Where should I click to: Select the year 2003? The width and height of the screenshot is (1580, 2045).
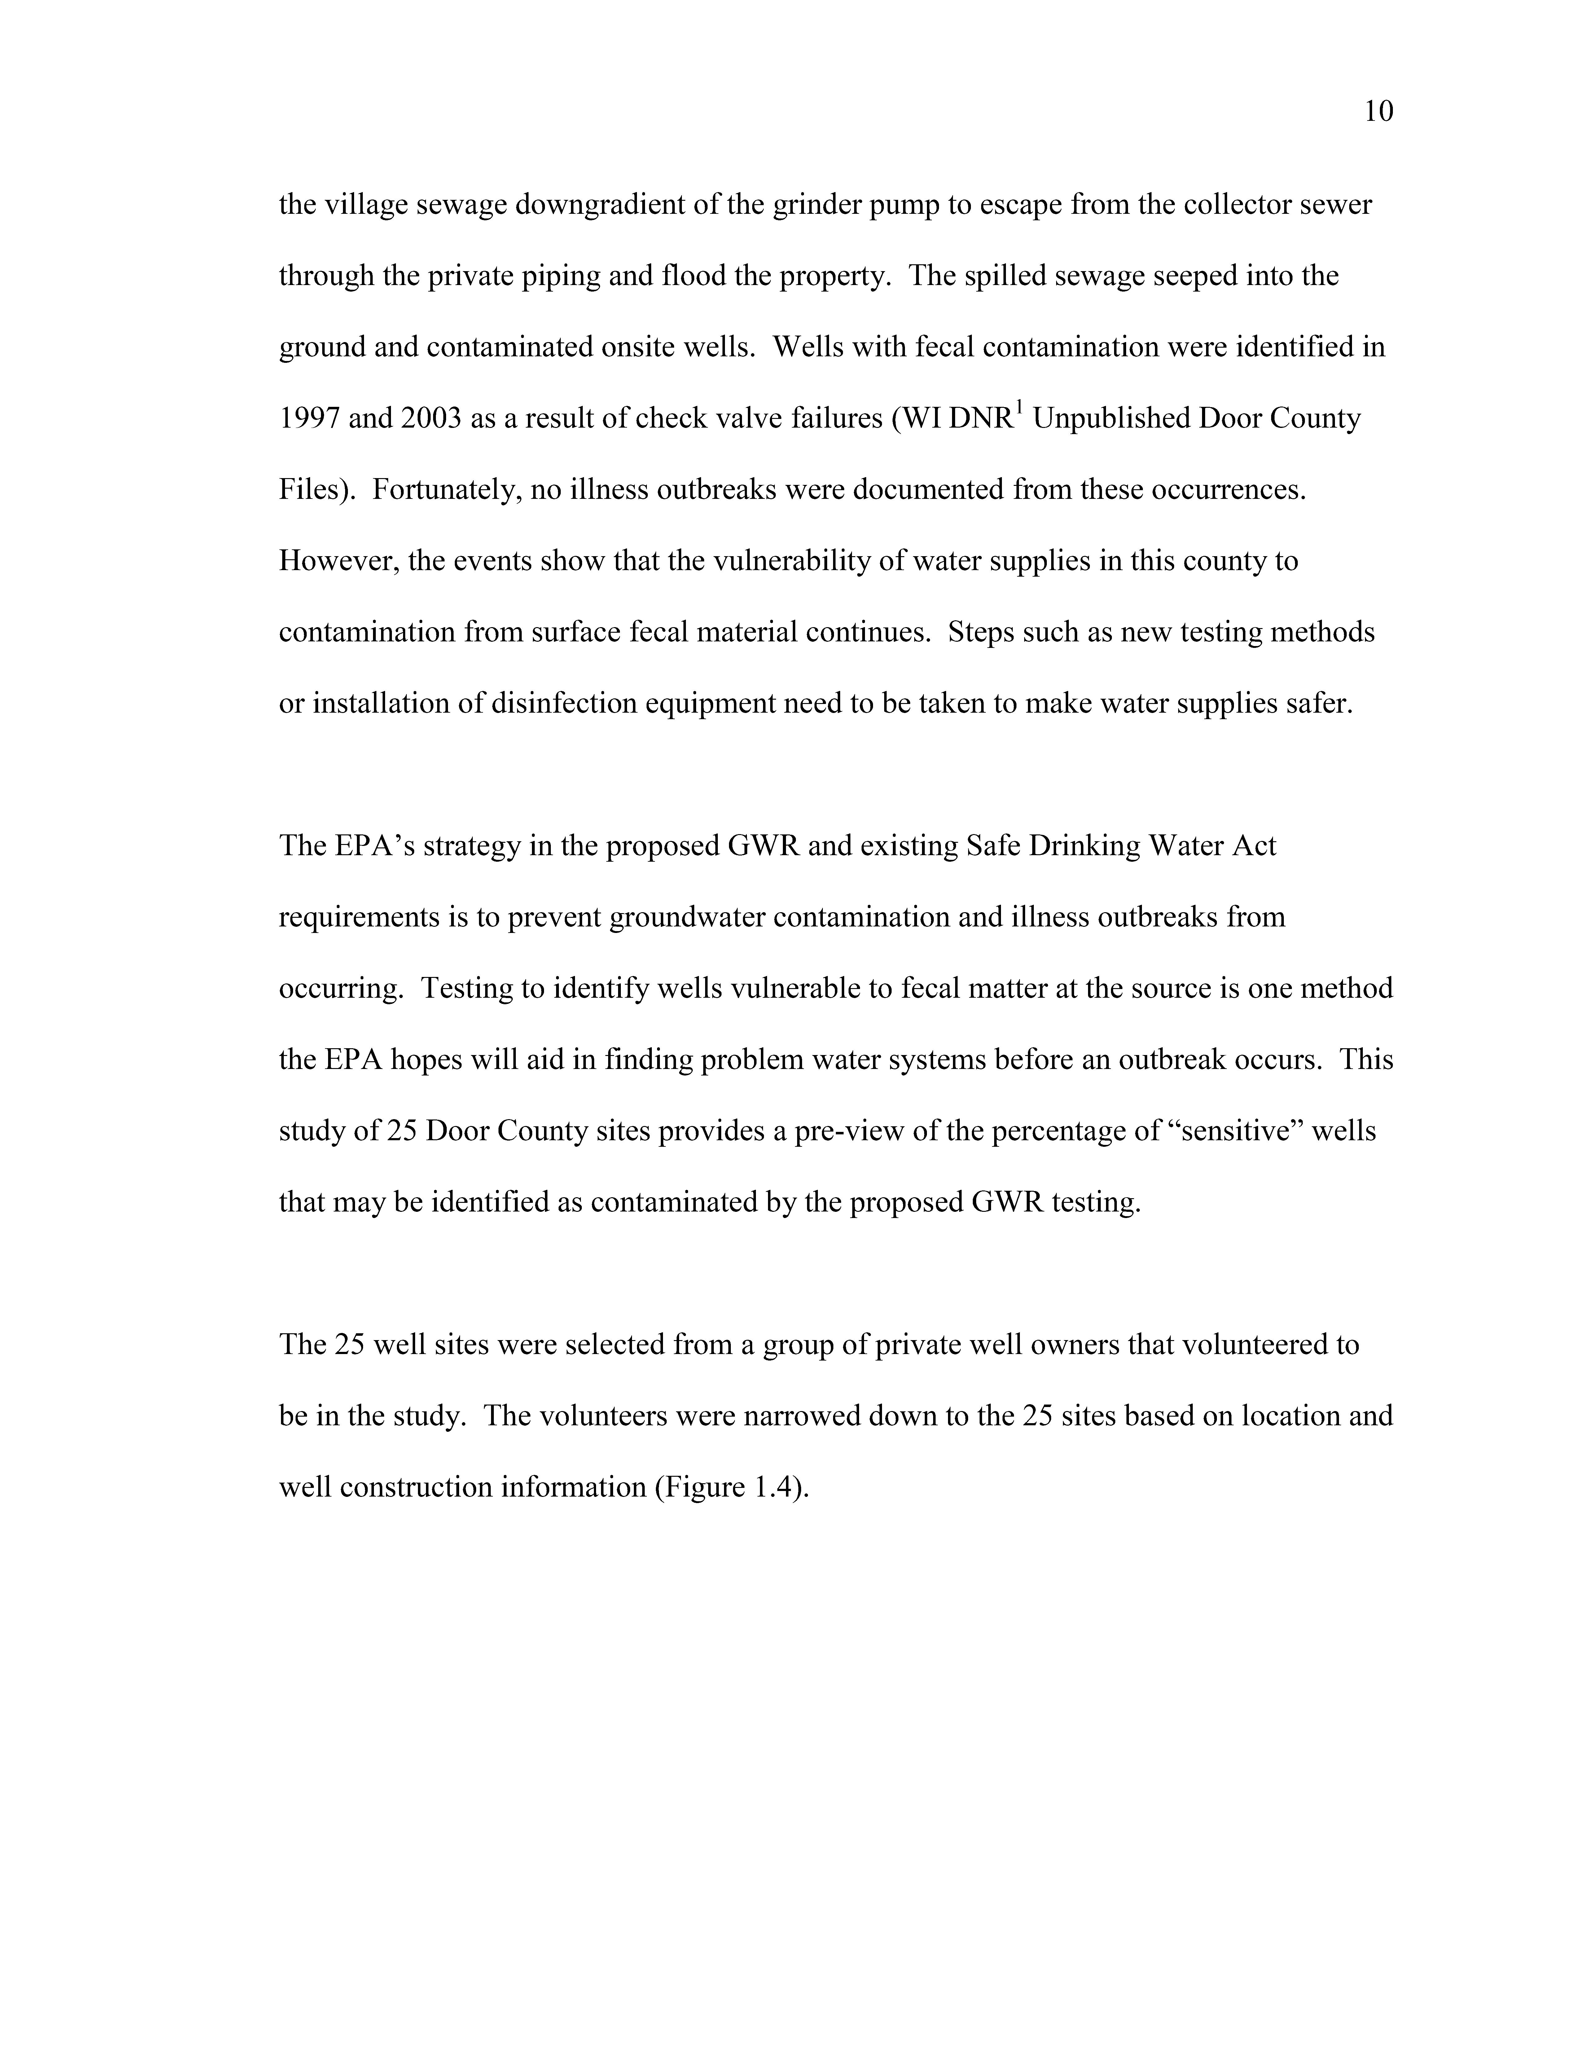pyautogui.click(x=431, y=419)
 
